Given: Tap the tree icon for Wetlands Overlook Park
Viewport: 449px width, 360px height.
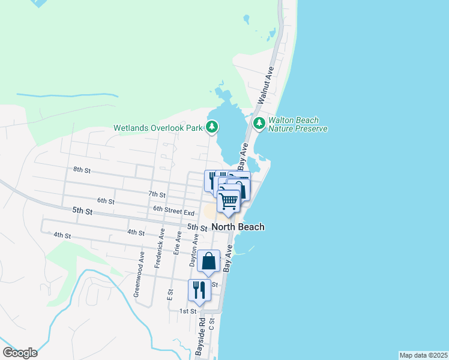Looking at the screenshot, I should tap(212, 127).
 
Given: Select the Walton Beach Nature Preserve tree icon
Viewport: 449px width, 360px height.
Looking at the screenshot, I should tap(259, 124).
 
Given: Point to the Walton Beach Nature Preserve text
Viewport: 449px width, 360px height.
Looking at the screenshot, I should tap(297, 124).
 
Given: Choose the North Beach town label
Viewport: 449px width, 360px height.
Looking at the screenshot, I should tap(238, 227).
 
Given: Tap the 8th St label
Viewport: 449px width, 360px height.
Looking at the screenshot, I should tap(82, 170).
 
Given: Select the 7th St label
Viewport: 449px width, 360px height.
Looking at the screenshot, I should tap(157, 194).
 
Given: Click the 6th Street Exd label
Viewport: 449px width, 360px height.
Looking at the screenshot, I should tap(174, 212).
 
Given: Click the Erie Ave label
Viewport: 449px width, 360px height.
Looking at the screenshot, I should tap(178, 243).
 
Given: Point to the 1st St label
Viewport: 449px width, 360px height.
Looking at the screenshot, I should tap(188, 311).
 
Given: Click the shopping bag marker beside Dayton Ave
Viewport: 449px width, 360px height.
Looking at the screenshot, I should tap(208, 262).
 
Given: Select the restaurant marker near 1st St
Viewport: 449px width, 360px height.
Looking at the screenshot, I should tap(199, 290).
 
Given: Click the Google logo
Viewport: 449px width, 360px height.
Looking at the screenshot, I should tap(20, 353).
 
